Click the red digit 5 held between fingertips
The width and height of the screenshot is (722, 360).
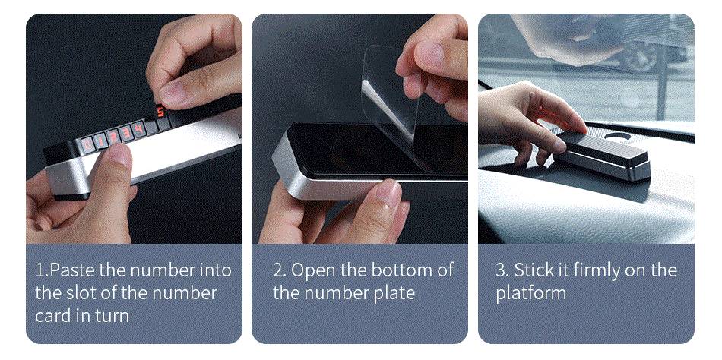160,112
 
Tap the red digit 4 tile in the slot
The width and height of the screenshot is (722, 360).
138,128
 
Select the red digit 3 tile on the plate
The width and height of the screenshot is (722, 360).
126,133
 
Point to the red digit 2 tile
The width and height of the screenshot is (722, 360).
113,137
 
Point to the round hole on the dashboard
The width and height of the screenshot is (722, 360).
617,136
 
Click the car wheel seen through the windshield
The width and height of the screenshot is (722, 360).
641,58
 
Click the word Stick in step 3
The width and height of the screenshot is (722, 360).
534,270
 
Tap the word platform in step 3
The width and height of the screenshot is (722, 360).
530,294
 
